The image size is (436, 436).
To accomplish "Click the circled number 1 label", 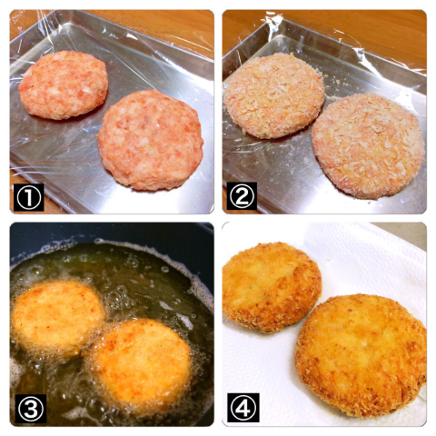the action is coord(29,197).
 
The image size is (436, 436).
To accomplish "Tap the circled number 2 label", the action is coord(242,196).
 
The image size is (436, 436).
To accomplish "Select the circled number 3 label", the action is coord(31,409).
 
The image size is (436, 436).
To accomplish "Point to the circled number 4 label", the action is coord(243,408).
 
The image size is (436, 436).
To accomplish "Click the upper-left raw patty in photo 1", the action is coord(63,85).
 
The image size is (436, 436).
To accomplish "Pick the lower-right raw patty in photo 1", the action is coord(151,140).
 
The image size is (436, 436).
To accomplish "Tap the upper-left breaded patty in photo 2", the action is coord(274,96).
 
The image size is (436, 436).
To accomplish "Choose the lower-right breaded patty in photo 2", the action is coord(369,146).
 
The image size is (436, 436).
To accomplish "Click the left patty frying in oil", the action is coord(57,316).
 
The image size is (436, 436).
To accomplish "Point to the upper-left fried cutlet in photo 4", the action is coord(271,287).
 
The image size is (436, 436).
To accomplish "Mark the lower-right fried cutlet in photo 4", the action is coord(361,354).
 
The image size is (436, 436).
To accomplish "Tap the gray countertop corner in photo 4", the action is coord(402,234).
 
